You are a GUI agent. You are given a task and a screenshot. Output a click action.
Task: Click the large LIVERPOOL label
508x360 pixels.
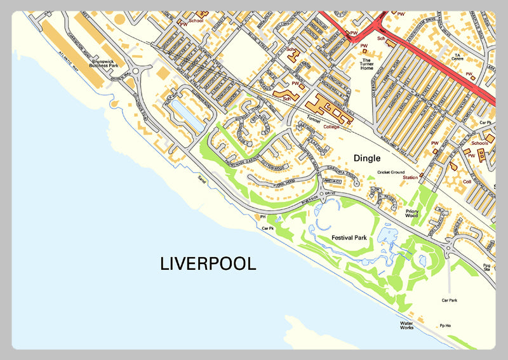[x=208, y=263]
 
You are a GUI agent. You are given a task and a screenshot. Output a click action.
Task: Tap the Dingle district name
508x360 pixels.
[x=368, y=158]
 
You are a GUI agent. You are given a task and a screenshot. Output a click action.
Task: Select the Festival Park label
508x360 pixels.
[x=349, y=237]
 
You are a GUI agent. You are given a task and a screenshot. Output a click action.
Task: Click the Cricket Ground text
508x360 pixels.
[x=391, y=172]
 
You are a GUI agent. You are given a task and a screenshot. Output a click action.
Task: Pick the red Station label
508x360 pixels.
[x=410, y=177]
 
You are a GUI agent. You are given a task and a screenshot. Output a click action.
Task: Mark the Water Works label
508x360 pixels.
[x=406, y=326]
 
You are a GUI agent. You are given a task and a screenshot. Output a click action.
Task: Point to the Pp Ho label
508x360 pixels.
[x=444, y=325]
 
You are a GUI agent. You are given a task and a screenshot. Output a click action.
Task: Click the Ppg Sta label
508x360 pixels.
[x=487, y=267]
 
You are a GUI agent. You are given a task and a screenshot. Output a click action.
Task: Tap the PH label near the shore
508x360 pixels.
[x=262, y=217]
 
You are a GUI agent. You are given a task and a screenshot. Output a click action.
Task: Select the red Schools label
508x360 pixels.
[x=479, y=143]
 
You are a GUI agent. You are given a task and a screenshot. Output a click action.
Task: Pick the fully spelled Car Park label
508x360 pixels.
[x=450, y=299]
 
